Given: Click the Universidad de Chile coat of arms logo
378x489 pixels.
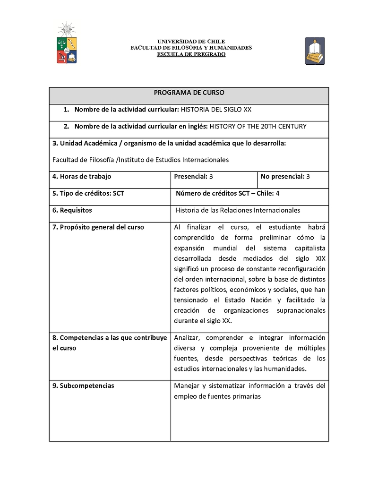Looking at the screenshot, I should (x=67, y=44).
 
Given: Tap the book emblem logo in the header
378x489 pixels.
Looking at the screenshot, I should (x=315, y=51).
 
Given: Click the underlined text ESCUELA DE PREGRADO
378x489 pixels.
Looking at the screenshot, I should (x=191, y=54).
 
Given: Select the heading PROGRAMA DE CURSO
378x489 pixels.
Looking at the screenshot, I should (x=189, y=93).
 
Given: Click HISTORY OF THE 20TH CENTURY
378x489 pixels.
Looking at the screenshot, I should (x=258, y=126).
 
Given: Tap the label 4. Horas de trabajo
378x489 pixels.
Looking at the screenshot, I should (x=82, y=177).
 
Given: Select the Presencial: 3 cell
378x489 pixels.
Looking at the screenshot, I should (x=193, y=177).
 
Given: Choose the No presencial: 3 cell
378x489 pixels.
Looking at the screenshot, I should (x=285, y=177).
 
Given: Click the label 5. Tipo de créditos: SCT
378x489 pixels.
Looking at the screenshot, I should (x=88, y=193).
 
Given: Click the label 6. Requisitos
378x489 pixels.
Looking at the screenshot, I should (x=72, y=210).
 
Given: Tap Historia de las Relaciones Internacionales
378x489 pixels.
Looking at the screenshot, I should (x=238, y=210).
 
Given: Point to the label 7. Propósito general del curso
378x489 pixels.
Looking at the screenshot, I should (x=98, y=227).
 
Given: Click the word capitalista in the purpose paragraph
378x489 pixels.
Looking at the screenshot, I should (x=310, y=248).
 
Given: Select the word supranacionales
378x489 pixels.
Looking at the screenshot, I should (x=301, y=310).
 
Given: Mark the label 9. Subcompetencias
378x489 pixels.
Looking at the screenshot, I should (x=83, y=386).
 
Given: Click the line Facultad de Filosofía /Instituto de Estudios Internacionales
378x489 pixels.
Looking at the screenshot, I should (x=140, y=160).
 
